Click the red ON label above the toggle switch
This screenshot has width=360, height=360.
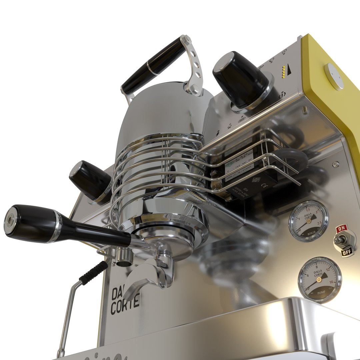pyautogui.click(x=341, y=229)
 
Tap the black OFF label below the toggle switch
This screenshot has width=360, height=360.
pyautogui.click(x=346, y=253)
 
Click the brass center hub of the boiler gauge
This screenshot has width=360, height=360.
pyautogui.click(x=309, y=221)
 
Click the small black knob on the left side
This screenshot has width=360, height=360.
pyautogui.click(x=89, y=180)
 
